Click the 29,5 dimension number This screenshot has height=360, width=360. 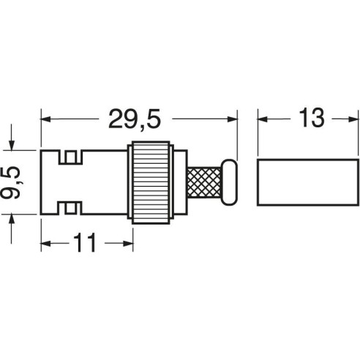pos(135,119)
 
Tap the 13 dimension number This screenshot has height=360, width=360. pos(312,118)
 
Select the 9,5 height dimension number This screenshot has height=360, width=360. pos(11,183)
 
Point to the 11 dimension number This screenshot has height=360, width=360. pos(85,243)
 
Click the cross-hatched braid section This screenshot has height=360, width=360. pos(204,182)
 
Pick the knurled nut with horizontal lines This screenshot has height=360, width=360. pos(151,182)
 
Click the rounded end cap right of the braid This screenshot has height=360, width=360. pos(229,182)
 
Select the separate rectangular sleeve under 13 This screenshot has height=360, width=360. pos(308,182)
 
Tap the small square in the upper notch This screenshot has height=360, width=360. pos(71,157)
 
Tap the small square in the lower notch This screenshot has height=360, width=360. pos(71,208)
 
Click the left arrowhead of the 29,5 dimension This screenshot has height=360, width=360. pos(45,119)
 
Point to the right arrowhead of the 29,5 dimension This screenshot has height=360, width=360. pos(232,119)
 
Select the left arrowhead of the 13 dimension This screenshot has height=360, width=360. pos(263,119)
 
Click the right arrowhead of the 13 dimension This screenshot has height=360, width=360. pos(353,119)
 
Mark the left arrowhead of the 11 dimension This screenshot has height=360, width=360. pos(45,243)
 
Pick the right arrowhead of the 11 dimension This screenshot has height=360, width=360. pos(128,243)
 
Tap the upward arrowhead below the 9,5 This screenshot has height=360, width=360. pos(12,220)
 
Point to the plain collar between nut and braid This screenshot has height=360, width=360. pos(181,182)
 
